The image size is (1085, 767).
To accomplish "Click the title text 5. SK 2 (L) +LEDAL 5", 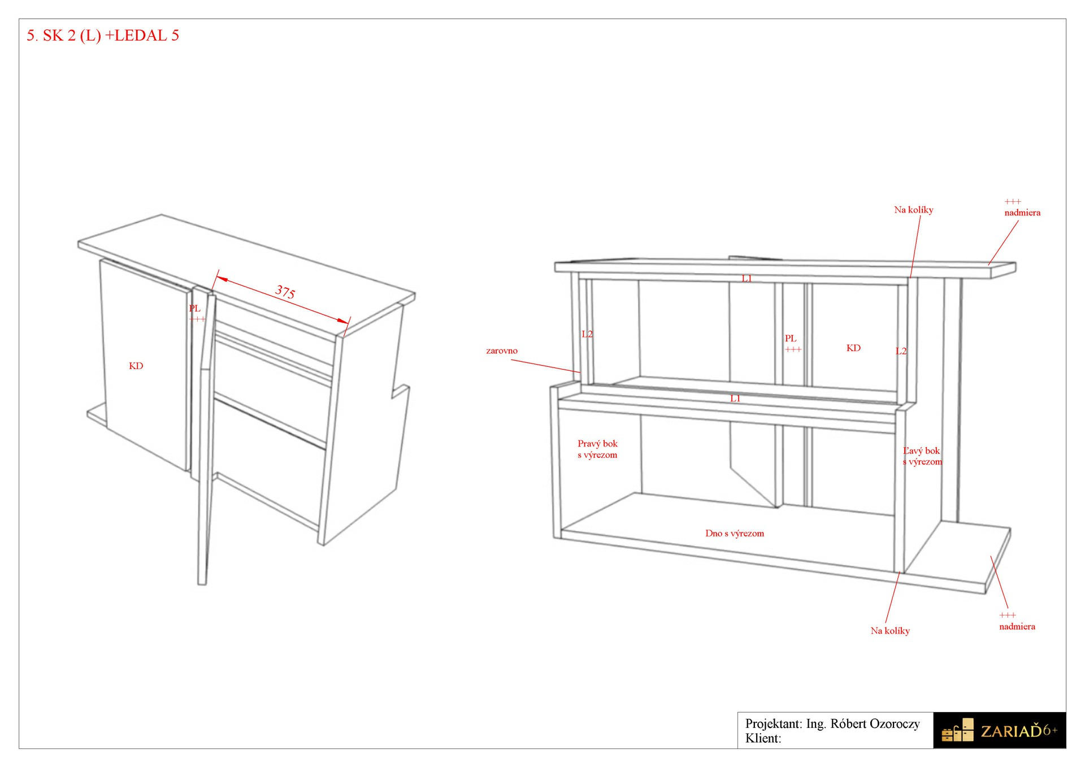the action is tap(103, 36).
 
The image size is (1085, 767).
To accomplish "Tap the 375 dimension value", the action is tap(285, 292).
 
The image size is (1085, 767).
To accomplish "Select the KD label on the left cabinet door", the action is tap(136, 366).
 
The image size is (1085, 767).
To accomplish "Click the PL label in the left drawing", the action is tap(194, 308).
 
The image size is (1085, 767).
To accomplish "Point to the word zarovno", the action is tap(502, 350).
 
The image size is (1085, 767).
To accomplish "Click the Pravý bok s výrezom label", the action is tap(597, 449).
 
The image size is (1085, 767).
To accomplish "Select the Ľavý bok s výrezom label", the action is tap(922, 456).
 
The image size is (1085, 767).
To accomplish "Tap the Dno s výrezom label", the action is tap(735, 533).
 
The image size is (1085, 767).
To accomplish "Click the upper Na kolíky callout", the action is tap(914, 210).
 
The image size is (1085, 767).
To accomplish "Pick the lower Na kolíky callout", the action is tap(890, 630).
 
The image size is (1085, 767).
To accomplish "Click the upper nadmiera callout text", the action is tap(1022, 213).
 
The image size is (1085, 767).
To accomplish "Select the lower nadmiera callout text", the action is tap(1017, 626).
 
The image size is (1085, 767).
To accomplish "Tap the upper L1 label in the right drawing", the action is tap(747, 278).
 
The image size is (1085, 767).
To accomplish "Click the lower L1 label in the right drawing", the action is tap(735, 398).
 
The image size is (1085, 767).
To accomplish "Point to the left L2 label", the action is tap(587, 333).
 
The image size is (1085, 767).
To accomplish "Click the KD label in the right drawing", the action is tap(853, 348).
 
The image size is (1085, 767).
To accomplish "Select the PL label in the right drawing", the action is tap(791, 338).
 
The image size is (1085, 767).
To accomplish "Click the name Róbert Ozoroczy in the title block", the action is tap(875, 723).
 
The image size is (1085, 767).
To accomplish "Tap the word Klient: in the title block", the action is tap(763, 738).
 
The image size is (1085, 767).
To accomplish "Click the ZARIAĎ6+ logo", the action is tap(999, 730).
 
